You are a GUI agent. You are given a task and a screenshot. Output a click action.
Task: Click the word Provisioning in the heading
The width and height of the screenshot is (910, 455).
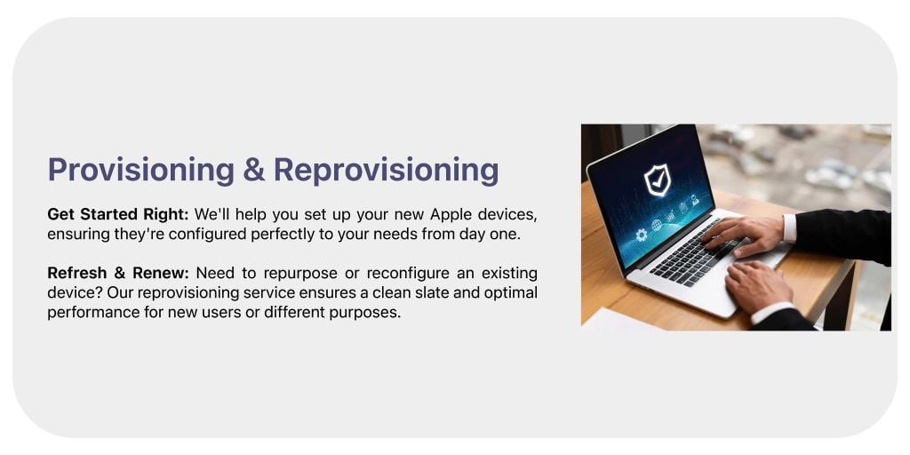[141, 171]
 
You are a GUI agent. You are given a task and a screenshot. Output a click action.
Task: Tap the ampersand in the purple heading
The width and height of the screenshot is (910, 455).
[254, 170]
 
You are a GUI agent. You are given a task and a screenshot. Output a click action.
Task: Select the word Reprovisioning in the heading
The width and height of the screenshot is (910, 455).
[386, 171]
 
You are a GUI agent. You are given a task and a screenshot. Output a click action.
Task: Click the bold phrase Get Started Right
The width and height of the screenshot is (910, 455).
[118, 215]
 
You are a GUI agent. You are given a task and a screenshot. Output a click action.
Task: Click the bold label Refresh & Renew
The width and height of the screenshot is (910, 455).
[118, 273]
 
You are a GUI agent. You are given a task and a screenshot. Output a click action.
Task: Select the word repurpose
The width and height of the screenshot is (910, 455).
[300, 274]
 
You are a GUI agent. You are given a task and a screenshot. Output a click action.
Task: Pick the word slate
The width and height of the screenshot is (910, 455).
[429, 292]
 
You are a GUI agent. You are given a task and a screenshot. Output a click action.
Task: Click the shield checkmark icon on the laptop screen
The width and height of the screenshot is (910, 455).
[657, 180]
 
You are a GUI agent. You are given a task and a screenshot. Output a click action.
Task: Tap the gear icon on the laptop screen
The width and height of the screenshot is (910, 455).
[642, 235]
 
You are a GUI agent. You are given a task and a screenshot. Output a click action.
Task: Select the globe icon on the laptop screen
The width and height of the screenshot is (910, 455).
[657, 225]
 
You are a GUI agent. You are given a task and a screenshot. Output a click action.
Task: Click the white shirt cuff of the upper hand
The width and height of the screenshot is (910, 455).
[789, 228]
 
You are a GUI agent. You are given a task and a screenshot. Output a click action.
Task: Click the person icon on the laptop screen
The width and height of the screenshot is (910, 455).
[695, 200]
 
